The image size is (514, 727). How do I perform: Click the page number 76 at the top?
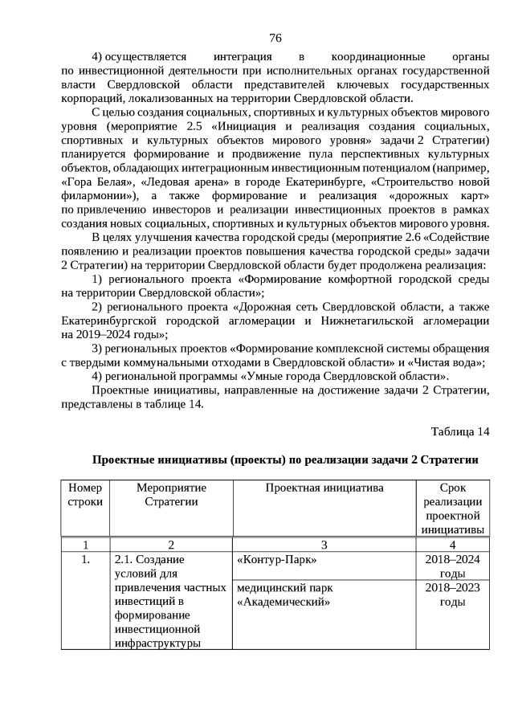click(275, 39)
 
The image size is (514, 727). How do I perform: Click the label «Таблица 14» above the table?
click(459, 431)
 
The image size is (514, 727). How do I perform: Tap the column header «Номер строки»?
click(86, 495)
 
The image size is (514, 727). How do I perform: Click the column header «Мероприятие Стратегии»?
click(171, 495)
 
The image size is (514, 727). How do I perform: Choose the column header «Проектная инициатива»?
click(324, 488)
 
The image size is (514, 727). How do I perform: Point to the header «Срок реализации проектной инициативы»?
click(452, 508)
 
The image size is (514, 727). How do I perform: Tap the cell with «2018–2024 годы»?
click(452, 566)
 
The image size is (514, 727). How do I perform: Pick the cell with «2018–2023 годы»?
click(452, 595)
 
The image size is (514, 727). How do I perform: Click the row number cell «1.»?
click(86, 560)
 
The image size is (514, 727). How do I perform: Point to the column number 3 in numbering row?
click(324, 545)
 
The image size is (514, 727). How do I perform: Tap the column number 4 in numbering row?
click(452, 545)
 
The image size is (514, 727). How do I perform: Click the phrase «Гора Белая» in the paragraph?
click(91, 182)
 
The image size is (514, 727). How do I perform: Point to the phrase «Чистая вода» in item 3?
click(455, 362)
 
